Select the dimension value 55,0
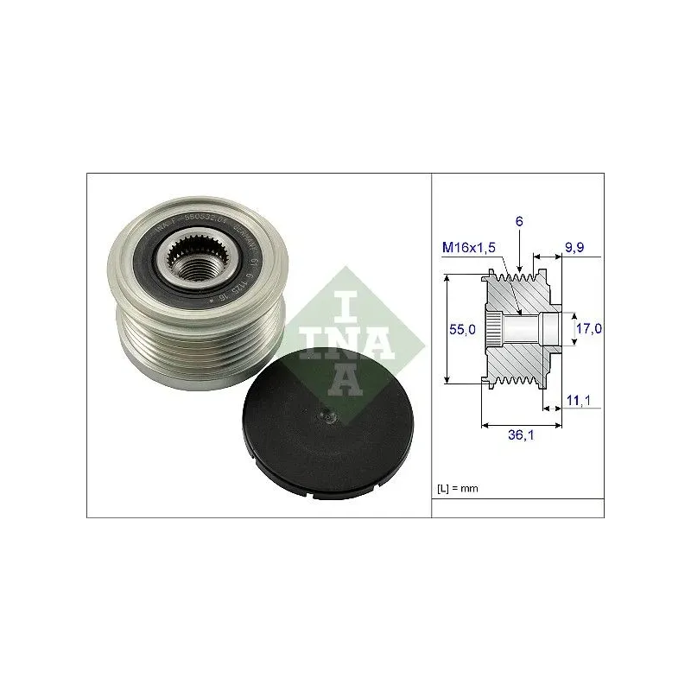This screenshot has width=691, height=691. pos(465,329)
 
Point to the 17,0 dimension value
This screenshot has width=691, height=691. pos(590,328)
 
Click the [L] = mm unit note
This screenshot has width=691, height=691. pos(458,489)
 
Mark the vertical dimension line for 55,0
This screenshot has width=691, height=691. pos(447,329)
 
